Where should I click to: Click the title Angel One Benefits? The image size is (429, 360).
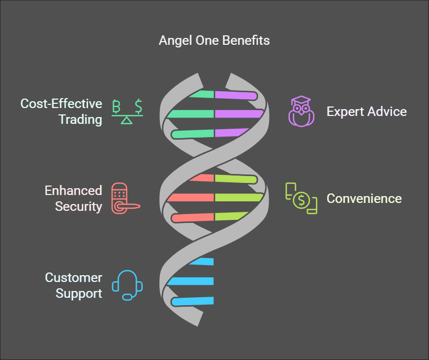pos(214,41)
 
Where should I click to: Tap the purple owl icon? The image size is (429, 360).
pos(301,111)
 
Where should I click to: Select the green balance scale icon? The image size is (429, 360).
pos(127,112)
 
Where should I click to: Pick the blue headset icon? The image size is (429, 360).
pos(127,285)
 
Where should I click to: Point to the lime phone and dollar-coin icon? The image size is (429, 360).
pos(301,198)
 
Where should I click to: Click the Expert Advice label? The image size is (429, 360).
pos(367,112)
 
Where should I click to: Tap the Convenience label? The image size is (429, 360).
pos(364,199)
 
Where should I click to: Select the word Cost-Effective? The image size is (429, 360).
pos(61,104)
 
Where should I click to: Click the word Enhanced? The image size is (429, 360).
pos(73,190)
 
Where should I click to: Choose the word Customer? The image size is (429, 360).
pos(73,277)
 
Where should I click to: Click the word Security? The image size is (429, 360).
pos(79,207)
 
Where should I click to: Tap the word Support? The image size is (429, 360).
pos(79,293)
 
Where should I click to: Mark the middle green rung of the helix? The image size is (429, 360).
pos(190,114)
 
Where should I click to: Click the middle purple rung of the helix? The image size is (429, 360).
pos(239,114)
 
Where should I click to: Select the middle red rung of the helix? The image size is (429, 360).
pos(190,197)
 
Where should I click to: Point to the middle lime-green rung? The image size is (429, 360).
pos(239,197)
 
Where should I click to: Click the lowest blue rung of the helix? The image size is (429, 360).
pos(193,301)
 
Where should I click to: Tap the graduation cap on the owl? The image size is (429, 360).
pos(301,99)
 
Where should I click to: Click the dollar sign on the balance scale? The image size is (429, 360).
pos(139,106)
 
